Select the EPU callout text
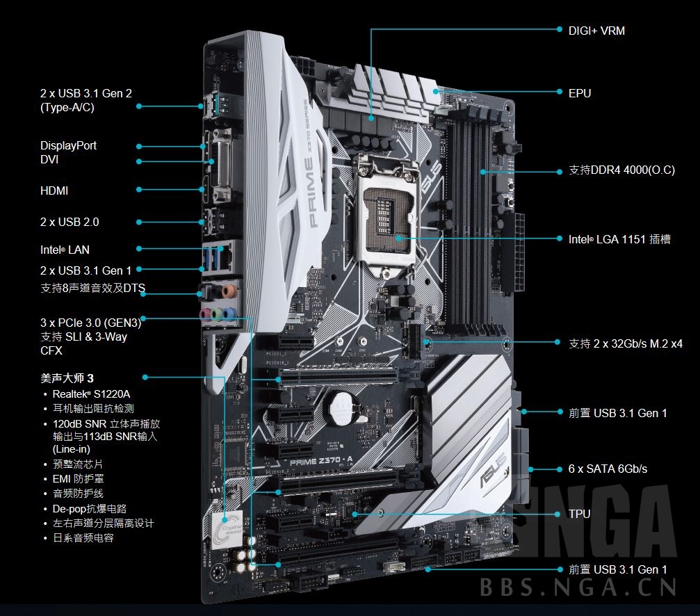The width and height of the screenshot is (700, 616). pyautogui.click(x=580, y=92)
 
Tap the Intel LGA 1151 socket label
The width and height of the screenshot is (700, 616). pyautogui.click(x=619, y=239)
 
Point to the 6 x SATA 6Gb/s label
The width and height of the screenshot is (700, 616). pyautogui.click(x=608, y=469)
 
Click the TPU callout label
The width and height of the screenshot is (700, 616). pyautogui.click(x=580, y=514)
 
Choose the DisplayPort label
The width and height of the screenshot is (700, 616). pyautogui.click(x=68, y=145)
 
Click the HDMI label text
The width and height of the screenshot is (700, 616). pyautogui.click(x=54, y=191)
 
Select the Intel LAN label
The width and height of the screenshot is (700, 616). pyautogui.click(x=65, y=250)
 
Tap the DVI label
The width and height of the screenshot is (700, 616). pyautogui.click(x=49, y=160)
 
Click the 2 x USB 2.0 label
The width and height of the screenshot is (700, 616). pyautogui.click(x=70, y=222)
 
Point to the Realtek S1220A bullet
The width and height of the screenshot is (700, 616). pyautogui.click(x=91, y=394)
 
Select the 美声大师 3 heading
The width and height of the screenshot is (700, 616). pyautogui.click(x=67, y=378)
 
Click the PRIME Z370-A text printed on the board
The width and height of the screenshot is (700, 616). pyautogui.click(x=316, y=462)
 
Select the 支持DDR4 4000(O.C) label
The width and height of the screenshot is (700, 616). pyautogui.click(x=621, y=170)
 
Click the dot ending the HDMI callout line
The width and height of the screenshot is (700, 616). pyautogui.click(x=139, y=189)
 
